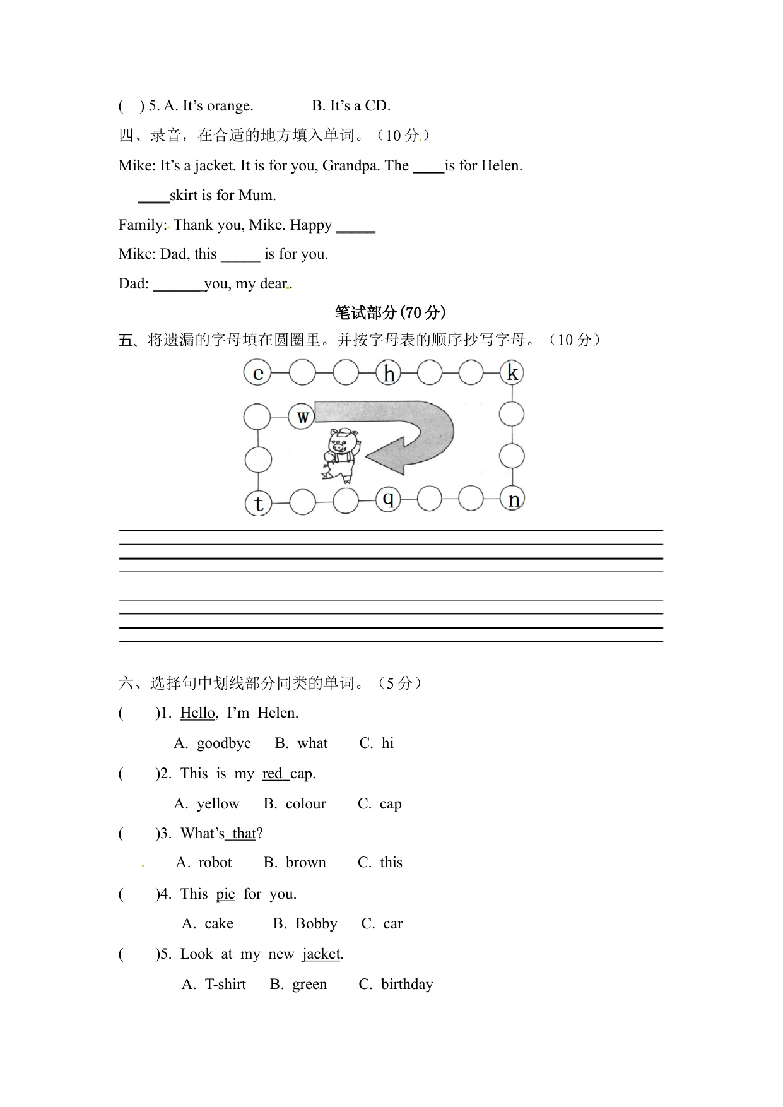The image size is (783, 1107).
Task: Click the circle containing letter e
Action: [x=257, y=372]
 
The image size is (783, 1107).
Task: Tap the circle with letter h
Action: [x=389, y=372]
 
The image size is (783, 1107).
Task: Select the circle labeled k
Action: [x=512, y=372]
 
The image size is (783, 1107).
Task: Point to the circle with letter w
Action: [x=302, y=417]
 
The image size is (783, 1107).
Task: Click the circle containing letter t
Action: [x=258, y=503]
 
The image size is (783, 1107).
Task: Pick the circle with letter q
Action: [x=388, y=500]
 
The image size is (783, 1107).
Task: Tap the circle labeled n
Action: [x=513, y=500]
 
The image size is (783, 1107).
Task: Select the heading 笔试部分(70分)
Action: [x=391, y=312]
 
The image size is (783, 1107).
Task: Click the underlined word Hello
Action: [x=197, y=713]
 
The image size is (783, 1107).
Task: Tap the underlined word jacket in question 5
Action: [x=321, y=954]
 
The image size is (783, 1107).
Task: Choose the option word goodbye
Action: [x=223, y=743]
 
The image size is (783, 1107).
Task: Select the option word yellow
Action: [x=218, y=803]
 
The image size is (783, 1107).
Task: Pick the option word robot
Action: [x=215, y=862]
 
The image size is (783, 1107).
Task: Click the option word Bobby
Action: [x=316, y=923]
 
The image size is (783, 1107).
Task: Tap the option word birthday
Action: [x=407, y=984]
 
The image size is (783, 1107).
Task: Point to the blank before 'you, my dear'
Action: [x=177, y=285]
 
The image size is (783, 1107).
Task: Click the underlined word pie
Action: [x=225, y=894]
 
